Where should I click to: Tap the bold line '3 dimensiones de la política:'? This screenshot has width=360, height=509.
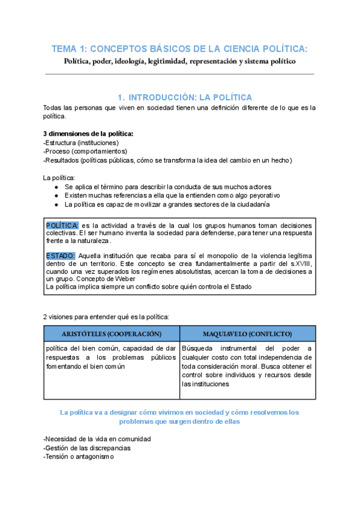click(88, 133)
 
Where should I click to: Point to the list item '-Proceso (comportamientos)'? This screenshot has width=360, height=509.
click(85, 151)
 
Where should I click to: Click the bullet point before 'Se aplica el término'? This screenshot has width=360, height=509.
click(56, 187)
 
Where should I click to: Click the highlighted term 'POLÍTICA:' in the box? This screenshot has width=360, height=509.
click(62, 224)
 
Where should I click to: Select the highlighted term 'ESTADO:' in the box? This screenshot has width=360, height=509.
click(60, 256)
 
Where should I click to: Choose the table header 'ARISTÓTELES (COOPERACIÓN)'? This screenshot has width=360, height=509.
click(112, 333)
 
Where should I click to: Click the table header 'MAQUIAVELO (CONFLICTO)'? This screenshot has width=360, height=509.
click(247, 333)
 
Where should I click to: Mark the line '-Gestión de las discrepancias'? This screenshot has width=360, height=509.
click(87, 448)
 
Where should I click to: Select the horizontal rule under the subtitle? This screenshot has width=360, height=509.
click(179, 74)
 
